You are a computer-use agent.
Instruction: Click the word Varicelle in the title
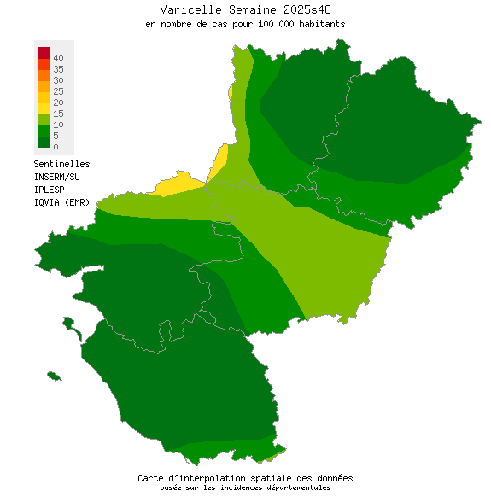click(187, 9)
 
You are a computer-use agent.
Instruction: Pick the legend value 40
click(58, 57)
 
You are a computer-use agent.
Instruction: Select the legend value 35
click(58, 68)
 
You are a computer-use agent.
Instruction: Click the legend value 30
click(58, 79)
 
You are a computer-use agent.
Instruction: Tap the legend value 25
click(58, 90)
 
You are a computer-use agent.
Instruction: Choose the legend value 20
click(58, 102)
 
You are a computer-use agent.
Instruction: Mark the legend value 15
click(58, 114)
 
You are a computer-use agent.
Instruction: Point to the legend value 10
click(58, 125)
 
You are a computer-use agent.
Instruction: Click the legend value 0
click(56, 147)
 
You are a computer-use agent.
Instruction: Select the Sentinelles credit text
click(61, 164)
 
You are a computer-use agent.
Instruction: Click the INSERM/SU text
click(56, 177)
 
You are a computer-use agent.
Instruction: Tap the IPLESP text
click(49, 189)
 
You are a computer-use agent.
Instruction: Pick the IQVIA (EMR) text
click(61, 201)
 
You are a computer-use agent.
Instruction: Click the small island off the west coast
click(54, 376)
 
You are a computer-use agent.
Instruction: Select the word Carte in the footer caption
click(151, 478)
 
